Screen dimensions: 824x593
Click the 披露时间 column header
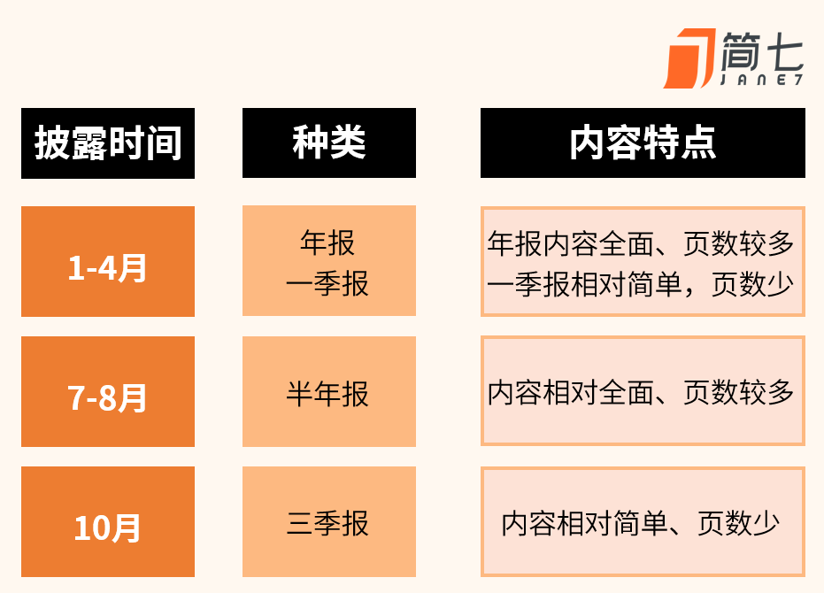pos(108,143)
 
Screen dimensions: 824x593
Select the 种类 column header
pos(329,143)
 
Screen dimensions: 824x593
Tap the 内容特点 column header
pos(643,143)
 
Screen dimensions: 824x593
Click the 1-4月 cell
pos(108,261)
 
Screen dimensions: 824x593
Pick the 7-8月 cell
pos(108,392)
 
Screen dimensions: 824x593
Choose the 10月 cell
pos(108,521)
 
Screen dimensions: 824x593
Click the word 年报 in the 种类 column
pos(327,243)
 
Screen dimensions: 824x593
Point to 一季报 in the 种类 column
pos(327,284)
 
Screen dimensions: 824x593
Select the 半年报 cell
pos(329,392)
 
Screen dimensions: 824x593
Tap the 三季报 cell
pos(329,521)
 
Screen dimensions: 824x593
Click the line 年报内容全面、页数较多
pos(641,243)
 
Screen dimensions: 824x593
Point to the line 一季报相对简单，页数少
pos(641,284)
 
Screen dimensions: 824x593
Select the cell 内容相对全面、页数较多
pos(643,391)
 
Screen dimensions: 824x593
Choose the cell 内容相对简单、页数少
pos(643,521)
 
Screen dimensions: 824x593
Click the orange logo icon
pos(689,58)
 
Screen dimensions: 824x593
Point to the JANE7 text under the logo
pos(761,80)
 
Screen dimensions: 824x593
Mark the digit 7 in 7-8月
pos(76,398)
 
